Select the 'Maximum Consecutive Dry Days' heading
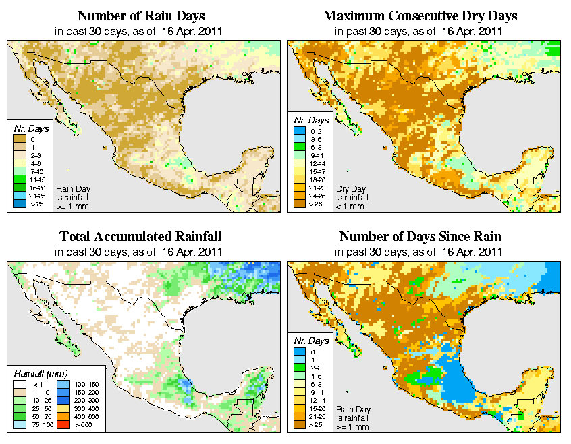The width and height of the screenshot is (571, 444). coord(420,16)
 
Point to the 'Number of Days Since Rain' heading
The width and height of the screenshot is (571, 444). coord(420,236)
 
